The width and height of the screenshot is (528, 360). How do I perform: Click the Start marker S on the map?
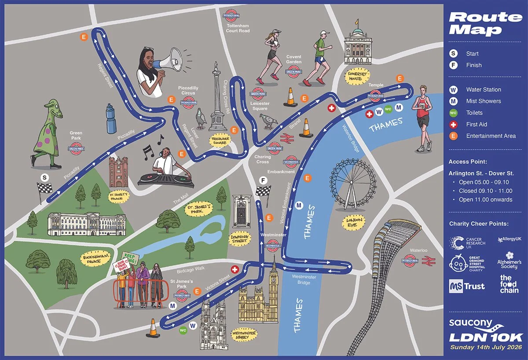[44, 177]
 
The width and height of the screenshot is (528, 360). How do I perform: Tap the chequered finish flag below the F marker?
[263, 192]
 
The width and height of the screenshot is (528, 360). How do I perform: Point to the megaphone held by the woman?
[171, 60]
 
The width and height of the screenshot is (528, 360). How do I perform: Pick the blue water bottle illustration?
[111, 119]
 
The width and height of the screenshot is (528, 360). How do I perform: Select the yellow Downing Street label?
[240, 239]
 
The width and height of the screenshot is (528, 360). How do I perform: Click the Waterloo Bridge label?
[352, 139]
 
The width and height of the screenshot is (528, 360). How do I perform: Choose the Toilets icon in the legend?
[453, 113]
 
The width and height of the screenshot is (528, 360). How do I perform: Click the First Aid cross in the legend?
[453, 125]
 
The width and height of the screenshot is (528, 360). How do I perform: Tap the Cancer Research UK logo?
[467, 243]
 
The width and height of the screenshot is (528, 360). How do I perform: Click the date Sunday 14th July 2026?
[486, 347]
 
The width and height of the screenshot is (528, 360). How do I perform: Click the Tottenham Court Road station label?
[238, 28]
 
